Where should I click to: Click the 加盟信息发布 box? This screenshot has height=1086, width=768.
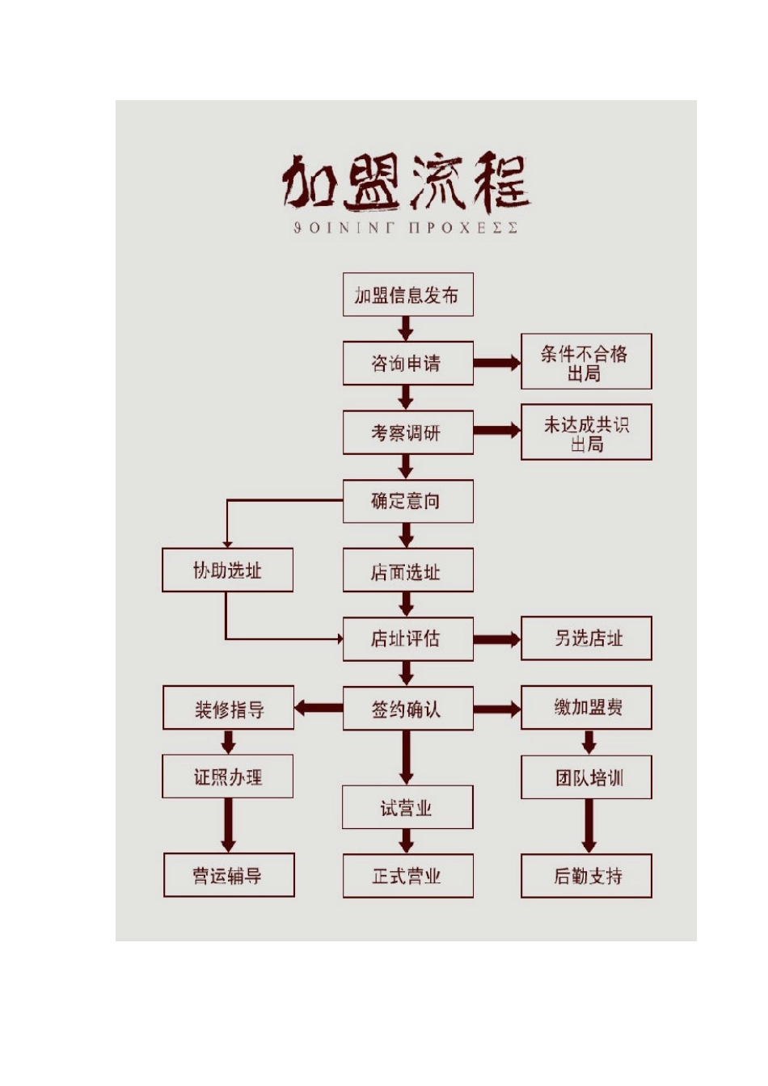pos(407,295)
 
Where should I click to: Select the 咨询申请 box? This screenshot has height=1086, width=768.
pos(407,363)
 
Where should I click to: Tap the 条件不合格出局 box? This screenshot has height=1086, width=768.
pos(585,362)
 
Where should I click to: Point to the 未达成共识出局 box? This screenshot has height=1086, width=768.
pos(585,433)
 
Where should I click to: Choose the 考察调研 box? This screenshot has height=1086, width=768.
pos(407,433)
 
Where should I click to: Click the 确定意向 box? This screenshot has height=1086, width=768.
pos(407,501)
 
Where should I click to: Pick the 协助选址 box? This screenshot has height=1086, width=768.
pos(227,570)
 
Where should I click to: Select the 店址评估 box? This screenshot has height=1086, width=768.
pos(407,639)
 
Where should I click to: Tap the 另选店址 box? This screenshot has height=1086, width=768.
pos(585,638)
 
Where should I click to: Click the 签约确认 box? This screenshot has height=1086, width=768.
pos(407,709)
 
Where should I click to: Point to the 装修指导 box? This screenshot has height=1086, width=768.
pos(228,709)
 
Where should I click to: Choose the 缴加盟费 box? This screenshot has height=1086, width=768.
pos(585,708)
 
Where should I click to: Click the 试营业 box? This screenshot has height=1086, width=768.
pos(407,807)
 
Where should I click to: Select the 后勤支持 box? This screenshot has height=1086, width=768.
pos(585,876)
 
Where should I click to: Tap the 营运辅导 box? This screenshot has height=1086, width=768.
pos(228,875)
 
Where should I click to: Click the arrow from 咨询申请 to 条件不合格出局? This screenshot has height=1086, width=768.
pos(496,363)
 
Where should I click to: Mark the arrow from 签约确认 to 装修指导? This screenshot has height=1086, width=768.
pos(319,709)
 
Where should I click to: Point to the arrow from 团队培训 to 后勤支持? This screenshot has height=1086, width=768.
pos(589,826)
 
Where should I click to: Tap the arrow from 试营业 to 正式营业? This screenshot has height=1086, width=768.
pos(407,841)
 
